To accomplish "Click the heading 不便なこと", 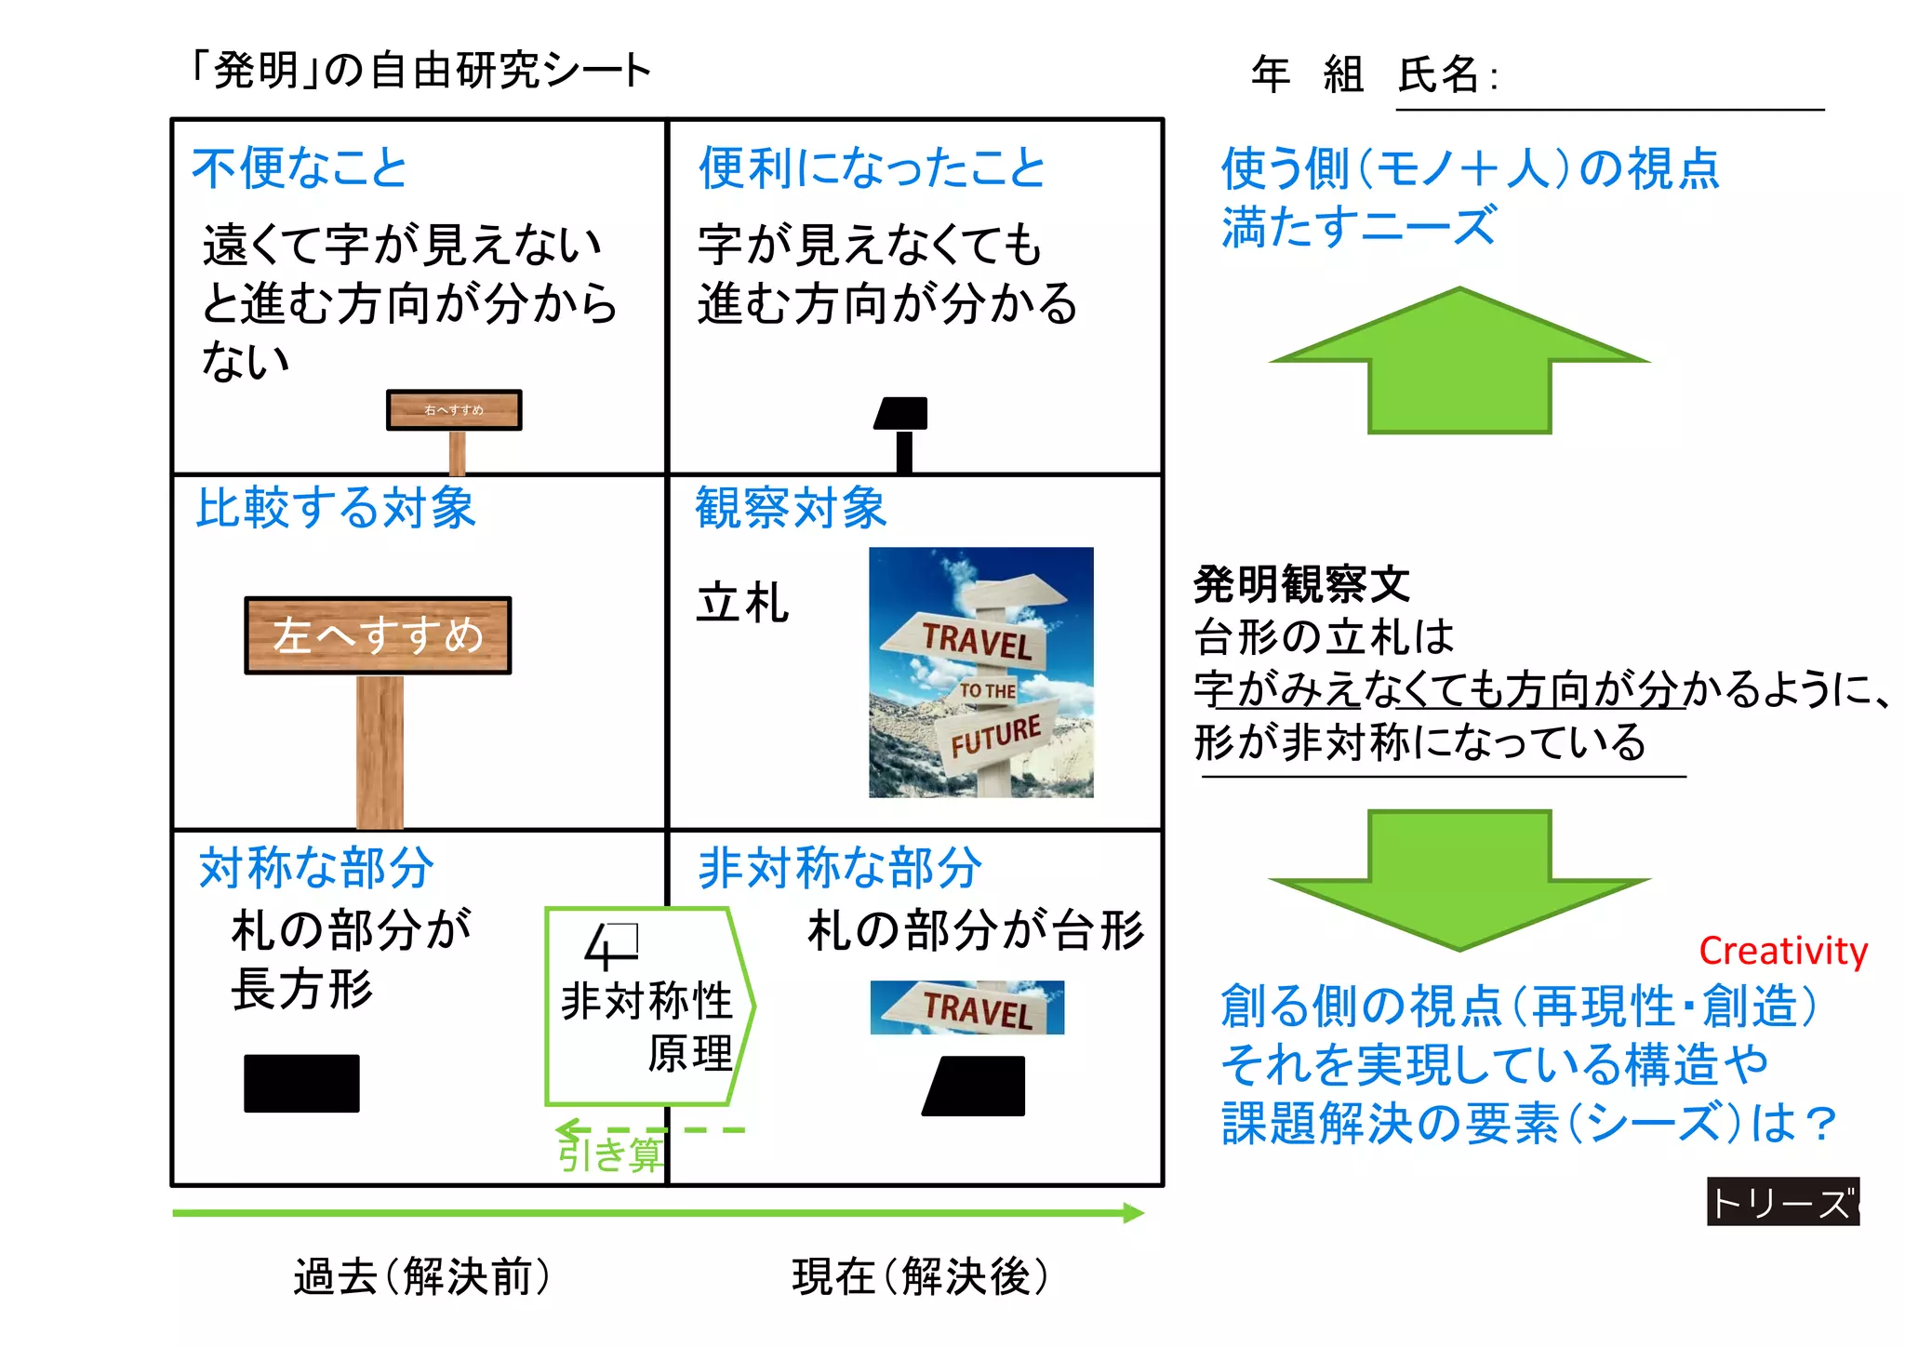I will pyautogui.click(x=300, y=168).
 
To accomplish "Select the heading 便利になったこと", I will pyautogui.click(x=872, y=168).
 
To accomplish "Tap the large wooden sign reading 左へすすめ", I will pyautogui.click(x=378, y=635).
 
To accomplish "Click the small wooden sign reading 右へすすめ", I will pyautogui.click(x=454, y=410).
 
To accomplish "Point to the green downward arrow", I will pyautogui.click(x=1459, y=879).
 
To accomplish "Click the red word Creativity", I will pyautogui.click(x=1782, y=951).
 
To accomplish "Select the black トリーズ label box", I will pyautogui.click(x=1782, y=1202).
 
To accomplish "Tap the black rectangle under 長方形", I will pyautogui.click(x=301, y=1083).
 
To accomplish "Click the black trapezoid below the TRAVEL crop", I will pyautogui.click(x=975, y=1086).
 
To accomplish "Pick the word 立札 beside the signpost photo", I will pyautogui.click(x=742, y=603).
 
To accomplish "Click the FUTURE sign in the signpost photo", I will pyautogui.click(x=995, y=735).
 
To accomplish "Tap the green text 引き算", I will pyautogui.click(x=610, y=1154).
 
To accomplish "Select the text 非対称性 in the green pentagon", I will pyautogui.click(x=646, y=1001).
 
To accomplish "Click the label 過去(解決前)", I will pyautogui.click(x=421, y=1276).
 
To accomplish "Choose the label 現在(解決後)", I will pyautogui.click(x=919, y=1276).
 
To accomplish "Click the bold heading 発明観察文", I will pyautogui.click(x=1300, y=585).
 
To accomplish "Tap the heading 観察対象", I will pyautogui.click(x=791, y=508).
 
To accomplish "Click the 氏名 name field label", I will pyautogui.click(x=1438, y=74).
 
